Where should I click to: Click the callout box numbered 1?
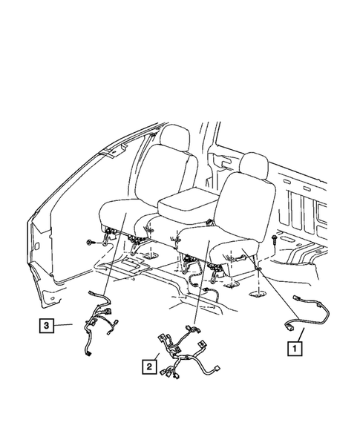coord(295,346)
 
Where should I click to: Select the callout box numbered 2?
coord(151,366)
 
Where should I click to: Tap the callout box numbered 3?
coord(46,324)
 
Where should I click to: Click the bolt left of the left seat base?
coord(91,243)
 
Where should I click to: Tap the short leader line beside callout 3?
coord(65,324)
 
